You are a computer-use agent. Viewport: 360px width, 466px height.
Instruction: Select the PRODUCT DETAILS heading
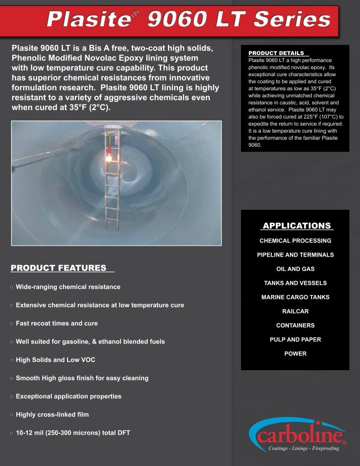click(x=276, y=53)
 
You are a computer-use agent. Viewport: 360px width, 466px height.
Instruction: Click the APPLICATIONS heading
click(x=296, y=226)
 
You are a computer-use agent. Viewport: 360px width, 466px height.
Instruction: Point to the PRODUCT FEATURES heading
click(x=58, y=268)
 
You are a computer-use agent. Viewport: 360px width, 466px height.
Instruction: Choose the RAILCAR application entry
click(x=295, y=311)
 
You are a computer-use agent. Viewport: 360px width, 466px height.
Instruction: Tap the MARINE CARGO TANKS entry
click(x=295, y=297)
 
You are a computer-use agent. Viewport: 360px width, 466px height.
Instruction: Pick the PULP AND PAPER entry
click(x=295, y=339)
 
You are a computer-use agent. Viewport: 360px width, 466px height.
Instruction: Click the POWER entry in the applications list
click(x=295, y=354)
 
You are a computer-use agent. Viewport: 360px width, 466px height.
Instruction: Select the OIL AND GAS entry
click(x=295, y=269)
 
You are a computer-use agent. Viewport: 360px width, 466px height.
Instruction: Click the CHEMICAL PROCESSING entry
click(x=295, y=241)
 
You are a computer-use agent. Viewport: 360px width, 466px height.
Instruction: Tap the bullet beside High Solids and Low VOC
click(x=12, y=361)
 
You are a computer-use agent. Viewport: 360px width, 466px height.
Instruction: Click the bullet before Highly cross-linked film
click(x=12, y=415)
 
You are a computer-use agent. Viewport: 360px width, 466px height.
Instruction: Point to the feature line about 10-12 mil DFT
click(x=73, y=433)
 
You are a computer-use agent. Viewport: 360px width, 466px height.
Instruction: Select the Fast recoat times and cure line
click(x=56, y=323)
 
